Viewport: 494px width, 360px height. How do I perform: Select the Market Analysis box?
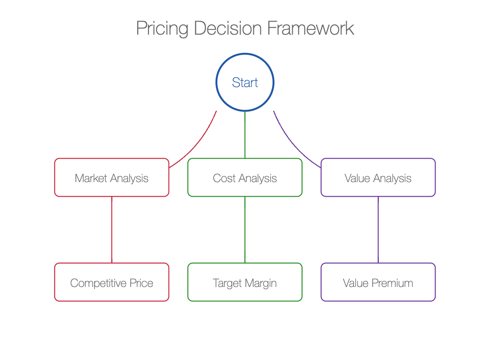pos(112,177)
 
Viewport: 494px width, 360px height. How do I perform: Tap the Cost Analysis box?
pos(245,177)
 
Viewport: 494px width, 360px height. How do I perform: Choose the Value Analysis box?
pos(378,177)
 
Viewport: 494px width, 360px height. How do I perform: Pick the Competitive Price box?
pos(112,282)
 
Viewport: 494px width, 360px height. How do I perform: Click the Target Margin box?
pos(245,282)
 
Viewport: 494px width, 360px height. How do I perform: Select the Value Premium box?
pos(378,282)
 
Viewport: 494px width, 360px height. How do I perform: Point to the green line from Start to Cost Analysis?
pos(245,135)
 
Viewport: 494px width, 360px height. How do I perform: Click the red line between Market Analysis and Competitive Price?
pos(112,229)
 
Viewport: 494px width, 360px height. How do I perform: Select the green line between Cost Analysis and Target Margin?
pos(245,229)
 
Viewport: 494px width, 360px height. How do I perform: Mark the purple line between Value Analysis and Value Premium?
pos(378,229)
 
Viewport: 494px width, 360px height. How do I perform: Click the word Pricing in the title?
pos(162,29)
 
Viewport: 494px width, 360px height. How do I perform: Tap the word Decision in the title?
pos(228,28)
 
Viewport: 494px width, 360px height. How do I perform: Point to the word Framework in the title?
pos(310,28)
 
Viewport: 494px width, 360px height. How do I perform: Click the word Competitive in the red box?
pos(98,283)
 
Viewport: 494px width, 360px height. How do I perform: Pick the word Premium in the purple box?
pos(392,283)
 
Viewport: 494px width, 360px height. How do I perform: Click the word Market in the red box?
pos(91,178)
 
